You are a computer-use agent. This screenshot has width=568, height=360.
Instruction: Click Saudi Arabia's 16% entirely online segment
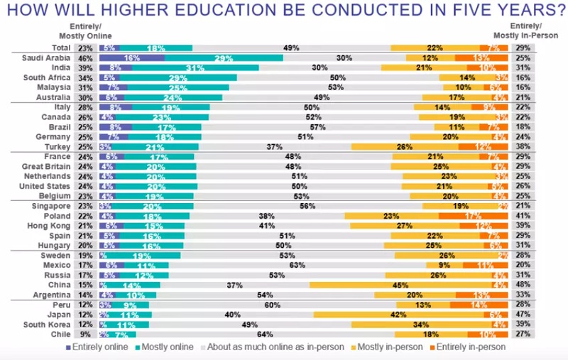pyautogui.click(x=131, y=58)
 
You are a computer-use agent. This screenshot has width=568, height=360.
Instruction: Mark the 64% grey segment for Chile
pyautogui.click(x=287, y=334)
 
